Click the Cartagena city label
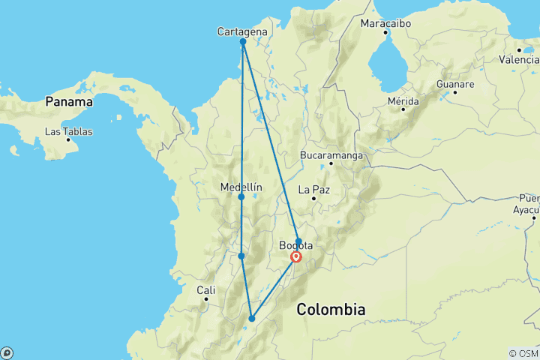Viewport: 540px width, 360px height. click(x=241, y=31)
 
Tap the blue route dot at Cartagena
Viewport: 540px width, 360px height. click(x=243, y=42)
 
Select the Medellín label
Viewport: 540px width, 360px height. click(x=241, y=187)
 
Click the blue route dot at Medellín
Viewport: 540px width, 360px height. click(x=241, y=197)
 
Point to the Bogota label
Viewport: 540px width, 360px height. click(x=295, y=245)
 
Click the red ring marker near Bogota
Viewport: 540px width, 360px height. click(x=296, y=257)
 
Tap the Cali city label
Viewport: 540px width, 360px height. click(x=205, y=289)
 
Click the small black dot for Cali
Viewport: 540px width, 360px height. click(x=205, y=299)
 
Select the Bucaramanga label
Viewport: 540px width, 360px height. click(x=331, y=155)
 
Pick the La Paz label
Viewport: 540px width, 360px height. click(x=314, y=189)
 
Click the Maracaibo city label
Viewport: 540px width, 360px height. click(x=385, y=23)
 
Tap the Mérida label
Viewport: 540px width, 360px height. click(x=403, y=100)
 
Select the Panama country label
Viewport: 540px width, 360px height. click(x=69, y=101)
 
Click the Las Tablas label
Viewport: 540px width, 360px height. click(x=69, y=131)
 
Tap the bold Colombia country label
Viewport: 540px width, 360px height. click(x=331, y=309)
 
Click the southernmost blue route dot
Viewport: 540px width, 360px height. click(x=252, y=319)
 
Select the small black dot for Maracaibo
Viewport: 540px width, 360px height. click(x=385, y=33)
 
